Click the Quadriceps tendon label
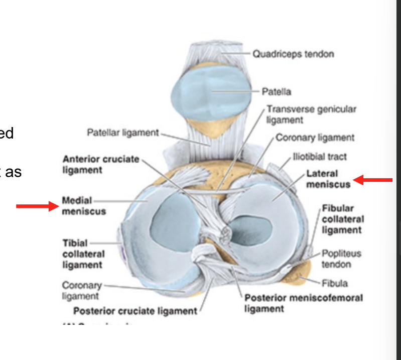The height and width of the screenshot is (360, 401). point(293,53)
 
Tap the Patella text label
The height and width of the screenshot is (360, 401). point(276,92)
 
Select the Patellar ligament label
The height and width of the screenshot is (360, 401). point(122,133)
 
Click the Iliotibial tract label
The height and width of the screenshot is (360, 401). point(320,157)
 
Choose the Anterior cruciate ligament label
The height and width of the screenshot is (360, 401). point(101,164)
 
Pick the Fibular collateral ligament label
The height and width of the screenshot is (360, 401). point(343,219)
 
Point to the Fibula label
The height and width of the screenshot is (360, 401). point(335,283)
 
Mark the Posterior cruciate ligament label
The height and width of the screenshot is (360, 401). point(136,311)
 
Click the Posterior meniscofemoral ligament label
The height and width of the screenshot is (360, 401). point(303,303)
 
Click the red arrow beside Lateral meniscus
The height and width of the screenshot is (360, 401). point(373,179)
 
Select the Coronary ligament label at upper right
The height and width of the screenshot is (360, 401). point(315,138)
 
